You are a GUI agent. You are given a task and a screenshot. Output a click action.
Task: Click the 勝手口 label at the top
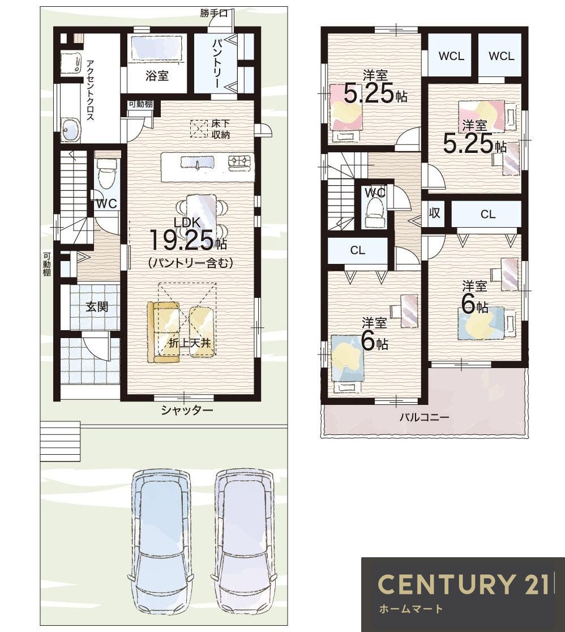coord(214,13)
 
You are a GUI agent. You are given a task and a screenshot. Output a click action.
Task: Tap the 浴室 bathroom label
coord(157,75)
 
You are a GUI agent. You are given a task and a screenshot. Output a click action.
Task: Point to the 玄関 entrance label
coord(97,307)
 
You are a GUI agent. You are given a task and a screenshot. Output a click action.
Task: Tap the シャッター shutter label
coord(187,411)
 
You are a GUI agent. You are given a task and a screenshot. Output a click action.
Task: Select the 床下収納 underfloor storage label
coord(220,129)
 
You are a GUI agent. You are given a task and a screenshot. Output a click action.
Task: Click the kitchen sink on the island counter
coord(198,162)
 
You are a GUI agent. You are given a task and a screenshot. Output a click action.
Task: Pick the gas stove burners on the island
coord(241,161)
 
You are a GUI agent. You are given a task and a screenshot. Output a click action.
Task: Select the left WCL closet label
coord(451,55)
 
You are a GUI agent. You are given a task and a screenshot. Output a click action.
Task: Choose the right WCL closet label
coord(502,55)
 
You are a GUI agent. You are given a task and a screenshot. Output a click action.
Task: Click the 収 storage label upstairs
coord(434,213)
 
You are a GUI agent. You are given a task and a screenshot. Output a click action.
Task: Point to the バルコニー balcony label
coord(424,417)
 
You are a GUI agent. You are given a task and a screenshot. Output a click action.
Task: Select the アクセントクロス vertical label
coord(90,90)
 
